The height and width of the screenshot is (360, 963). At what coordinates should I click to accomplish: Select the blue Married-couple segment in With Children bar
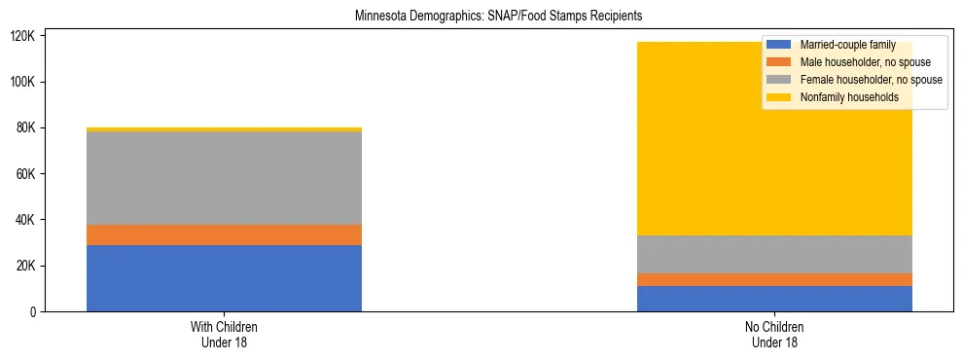point(224,278)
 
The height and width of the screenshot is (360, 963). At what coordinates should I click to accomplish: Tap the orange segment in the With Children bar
point(224,234)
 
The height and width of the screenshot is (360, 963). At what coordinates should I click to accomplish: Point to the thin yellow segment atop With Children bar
point(224,128)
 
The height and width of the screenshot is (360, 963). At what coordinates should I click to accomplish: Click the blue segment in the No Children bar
point(774,299)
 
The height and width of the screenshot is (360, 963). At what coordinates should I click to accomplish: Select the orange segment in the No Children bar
point(774,280)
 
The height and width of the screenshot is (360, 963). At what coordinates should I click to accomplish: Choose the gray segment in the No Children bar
point(774,254)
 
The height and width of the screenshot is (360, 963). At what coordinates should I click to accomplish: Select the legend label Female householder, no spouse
point(871,80)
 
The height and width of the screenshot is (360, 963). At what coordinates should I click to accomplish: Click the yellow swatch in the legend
point(778,97)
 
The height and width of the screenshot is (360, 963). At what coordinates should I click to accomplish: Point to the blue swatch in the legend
point(778,45)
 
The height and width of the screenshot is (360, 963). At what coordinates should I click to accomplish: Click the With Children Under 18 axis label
point(224,335)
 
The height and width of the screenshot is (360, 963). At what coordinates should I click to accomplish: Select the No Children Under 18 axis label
point(774,335)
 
